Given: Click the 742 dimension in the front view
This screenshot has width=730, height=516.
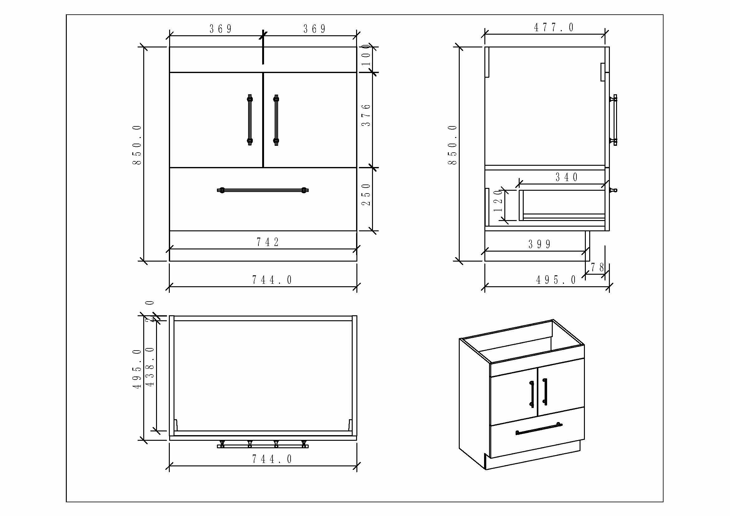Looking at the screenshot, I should (x=267, y=242).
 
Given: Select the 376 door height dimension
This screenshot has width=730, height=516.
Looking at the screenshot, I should (x=366, y=115).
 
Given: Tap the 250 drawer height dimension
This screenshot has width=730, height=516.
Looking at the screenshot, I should (x=366, y=194).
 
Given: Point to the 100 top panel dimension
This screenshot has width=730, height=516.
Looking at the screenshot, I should (x=366, y=55).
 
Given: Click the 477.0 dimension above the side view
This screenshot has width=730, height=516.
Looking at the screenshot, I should (x=554, y=28).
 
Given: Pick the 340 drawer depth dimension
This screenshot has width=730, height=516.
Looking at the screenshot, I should (x=566, y=177).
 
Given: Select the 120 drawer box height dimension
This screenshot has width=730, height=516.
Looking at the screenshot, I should (x=497, y=201).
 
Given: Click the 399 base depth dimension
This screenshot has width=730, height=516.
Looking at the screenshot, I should (x=539, y=244).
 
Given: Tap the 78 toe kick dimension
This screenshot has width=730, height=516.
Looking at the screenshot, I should (x=597, y=268).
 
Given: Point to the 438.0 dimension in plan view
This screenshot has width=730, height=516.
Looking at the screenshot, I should (x=150, y=366).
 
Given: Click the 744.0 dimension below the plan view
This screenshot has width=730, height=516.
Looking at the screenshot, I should (x=272, y=459).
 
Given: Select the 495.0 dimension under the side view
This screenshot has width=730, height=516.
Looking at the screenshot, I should (x=556, y=280).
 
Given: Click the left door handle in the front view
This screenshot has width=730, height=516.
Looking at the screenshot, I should (x=250, y=120).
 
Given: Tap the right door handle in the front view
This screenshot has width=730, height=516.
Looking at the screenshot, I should (x=276, y=120).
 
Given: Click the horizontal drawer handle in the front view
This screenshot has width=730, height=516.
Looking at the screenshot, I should (x=263, y=190).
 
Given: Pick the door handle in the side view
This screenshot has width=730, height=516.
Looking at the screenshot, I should (x=615, y=120).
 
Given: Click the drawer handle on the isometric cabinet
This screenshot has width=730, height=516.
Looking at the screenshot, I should (x=539, y=428).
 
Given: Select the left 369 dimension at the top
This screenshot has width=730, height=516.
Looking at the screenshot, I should (x=220, y=29).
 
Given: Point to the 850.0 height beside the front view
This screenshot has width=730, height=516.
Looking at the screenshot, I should (x=137, y=145).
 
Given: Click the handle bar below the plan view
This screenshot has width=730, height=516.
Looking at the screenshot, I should (x=263, y=446).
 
